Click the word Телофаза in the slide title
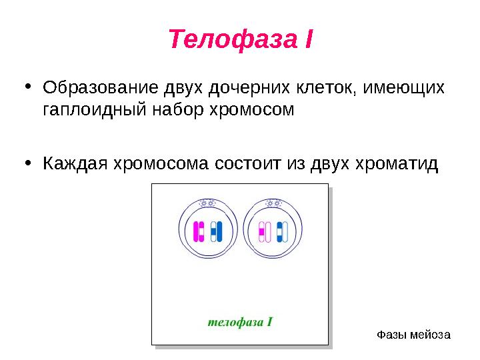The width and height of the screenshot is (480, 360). [x=231, y=39]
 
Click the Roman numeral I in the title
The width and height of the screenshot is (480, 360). [x=307, y=39]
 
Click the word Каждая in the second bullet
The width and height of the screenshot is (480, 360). [x=73, y=164]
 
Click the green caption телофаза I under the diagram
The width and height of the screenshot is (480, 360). [x=240, y=321]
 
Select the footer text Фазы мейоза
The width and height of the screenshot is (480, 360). [x=413, y=334]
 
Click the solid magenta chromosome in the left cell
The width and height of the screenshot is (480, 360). [x=198, y=231]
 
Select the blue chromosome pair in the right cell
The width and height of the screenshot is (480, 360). [x=281, y=231]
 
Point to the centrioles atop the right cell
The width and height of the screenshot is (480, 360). [x=273, y=202]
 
